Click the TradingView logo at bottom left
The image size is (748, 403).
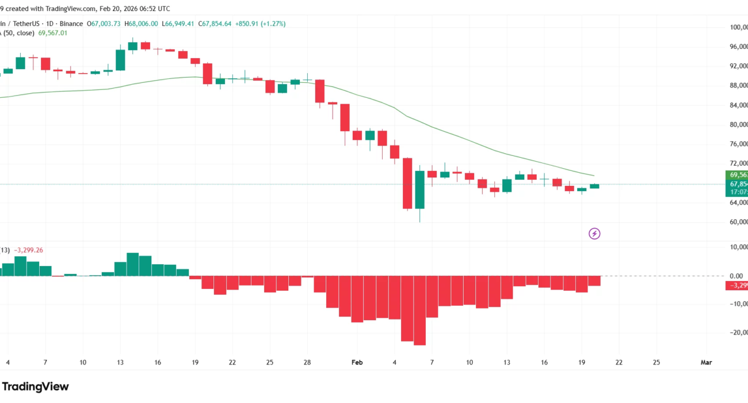pyautogui.click(x=36, y=387)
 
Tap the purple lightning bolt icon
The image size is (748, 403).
pyautogui.click(x=595, y=234)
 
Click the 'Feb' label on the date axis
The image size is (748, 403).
pyautogui.click(x=357, y=362)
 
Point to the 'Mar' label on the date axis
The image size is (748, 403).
pyautogui.click(x=706, y=362)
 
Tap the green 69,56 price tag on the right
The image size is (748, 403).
pyautogui.click(x=737, y=175)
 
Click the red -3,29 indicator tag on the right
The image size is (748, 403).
pyautogui.click(x=737, y=286)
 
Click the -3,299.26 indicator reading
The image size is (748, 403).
pyautogui.click(x=29, y=250)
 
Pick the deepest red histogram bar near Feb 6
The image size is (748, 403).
pyautogui.click(x=419, y=311)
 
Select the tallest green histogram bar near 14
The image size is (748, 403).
pyautogui.click(x=132, y=265)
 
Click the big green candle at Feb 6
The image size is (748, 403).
pyautogui.click(x=419, y=189)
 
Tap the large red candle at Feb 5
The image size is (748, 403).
pyautogui.click(x=407, y=183)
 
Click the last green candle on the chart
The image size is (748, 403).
pyautogui.click(x=594, y=186)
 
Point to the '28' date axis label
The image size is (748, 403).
pyautogui.click(x=308, y=362)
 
